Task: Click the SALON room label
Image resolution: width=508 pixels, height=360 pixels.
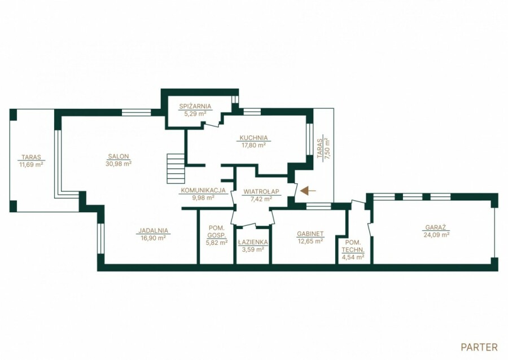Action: [x=119, y=156]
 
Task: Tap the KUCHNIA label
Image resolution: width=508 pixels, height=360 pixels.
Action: [x=253, y=138]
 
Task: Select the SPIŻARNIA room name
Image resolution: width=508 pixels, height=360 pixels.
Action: [x=195, y=106]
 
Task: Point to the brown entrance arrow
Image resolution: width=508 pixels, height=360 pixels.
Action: [x=308, y=191]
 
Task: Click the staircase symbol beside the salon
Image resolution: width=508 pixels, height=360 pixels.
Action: [x=176, y=169]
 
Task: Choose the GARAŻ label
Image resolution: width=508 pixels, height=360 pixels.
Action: [x=436, y=227]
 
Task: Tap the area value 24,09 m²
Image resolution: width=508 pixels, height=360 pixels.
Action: [x=436, y=235]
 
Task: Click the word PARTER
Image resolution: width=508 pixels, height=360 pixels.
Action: [x=479, y=348]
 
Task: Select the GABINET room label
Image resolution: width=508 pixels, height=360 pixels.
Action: [x=310, y=234]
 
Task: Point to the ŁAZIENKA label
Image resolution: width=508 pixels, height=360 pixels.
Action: [x=253, y=242]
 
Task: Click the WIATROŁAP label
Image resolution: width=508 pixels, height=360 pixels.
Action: [x=261, y=192]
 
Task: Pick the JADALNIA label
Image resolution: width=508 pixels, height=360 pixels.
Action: [x=153, y=231]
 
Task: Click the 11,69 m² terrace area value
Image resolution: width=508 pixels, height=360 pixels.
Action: [x=32, y=164]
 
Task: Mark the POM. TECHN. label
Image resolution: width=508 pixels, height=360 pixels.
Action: [x=353, y=246]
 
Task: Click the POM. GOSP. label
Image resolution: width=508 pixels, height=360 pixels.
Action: [x=217, y=232]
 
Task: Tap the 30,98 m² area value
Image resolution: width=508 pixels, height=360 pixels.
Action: [x=119, y=164]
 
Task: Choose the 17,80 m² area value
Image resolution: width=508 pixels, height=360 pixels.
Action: [x=253, y=146]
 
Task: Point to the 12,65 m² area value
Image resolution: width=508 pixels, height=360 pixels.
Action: [x=310, y=241]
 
